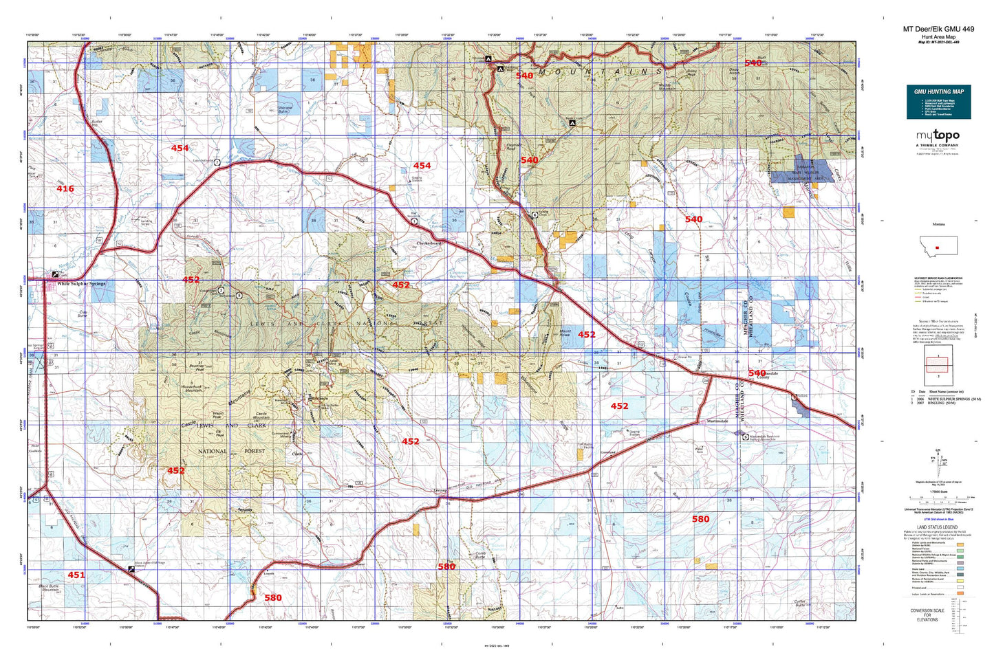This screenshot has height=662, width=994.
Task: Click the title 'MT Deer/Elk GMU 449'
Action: click(938, 29)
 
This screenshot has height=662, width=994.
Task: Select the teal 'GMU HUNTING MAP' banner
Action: click(938, 91)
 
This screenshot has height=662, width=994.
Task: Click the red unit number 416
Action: click(65, 189)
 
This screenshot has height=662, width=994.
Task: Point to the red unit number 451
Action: click(76, 575)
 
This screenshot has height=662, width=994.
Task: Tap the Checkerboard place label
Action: click(429, 243)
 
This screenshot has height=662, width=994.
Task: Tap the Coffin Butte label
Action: click(799, 603)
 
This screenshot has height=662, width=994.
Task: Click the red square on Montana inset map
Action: click(937, 246)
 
